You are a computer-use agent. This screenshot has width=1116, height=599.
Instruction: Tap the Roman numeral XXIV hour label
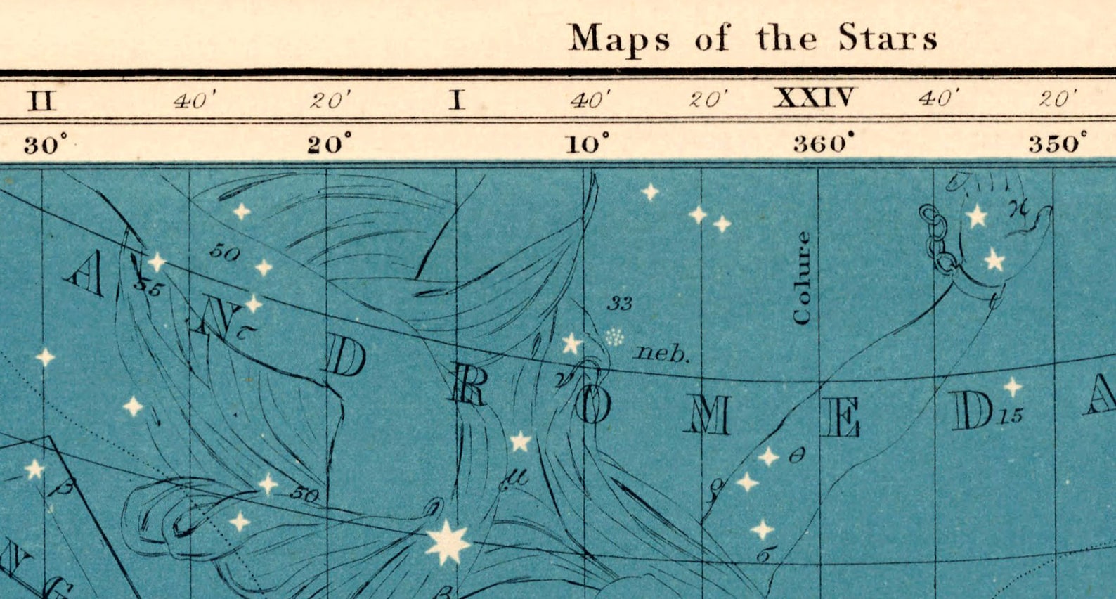pyautogui.click(x=815, y=97)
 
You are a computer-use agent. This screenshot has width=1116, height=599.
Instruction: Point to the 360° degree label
pyautogui.click(x=824, y=144)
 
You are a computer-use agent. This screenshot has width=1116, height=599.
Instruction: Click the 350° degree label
pyautogui.click(x=1057, y=143)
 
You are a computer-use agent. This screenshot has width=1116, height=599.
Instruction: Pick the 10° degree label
pyautogui.click(x=588, y=144)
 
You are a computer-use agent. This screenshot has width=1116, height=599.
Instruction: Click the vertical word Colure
pyautogui.click(x=802, y=278)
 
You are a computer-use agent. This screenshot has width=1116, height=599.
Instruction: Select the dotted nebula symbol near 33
pyautogui.click(x=615, y=337)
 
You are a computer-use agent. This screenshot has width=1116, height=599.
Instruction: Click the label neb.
pyautogui.click(x=661, y=353)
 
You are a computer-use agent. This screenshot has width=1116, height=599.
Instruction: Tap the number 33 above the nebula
pyautogui.click(x=619, y=304)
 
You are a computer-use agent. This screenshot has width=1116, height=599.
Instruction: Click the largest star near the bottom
pyautogui.click(x=448, y=542)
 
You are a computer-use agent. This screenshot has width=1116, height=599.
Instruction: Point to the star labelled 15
pyautogui.click(x=1012, y=387)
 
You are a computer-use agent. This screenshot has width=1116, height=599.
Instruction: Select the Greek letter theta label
pyautogui.click(x=796, y=456)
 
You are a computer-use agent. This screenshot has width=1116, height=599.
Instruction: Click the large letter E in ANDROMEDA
pyautogui.click(x=841, y=417)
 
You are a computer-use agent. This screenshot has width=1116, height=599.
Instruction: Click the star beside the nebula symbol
pyautogui.click(x=572, y=344)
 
